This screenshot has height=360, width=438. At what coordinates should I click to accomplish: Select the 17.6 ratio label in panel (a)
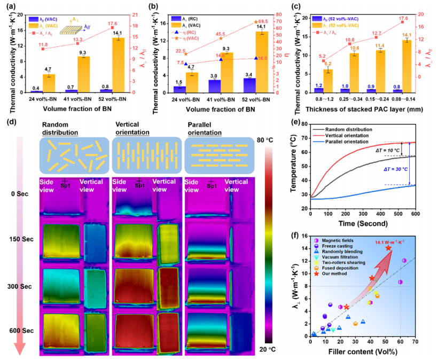pyautogui.click(x=120, y=23)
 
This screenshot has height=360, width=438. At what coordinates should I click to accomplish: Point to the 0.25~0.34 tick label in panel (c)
pyautogui.click(x=354, y=98)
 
